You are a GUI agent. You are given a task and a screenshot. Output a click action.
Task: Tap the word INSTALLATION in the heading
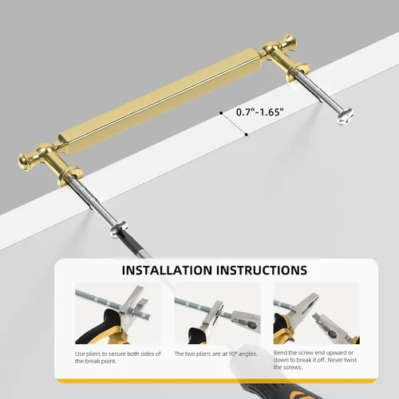pos(167,271)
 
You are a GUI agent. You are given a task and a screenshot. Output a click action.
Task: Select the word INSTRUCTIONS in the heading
pos(262,271)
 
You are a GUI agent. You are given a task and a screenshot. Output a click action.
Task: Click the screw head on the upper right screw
pos(346,117)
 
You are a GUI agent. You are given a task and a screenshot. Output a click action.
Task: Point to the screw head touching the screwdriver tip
pos(119,229)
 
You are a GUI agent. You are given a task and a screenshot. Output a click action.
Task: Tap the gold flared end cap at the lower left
pos(25,160)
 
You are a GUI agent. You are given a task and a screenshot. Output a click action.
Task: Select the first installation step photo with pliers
pos(118,313)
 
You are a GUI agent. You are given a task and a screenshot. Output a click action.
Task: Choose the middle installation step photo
pos(217,313)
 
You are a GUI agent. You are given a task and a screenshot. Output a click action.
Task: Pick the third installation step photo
pos(316,313)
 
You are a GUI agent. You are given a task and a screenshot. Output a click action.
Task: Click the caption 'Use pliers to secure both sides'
pos(118,358)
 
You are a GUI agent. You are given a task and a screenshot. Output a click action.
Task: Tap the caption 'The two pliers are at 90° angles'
pos(216,354)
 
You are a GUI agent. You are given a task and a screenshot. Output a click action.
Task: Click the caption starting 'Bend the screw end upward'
pos(315,360)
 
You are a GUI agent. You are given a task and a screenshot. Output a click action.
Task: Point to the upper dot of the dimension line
pos(221,113)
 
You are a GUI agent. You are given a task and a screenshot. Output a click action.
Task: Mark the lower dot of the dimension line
pos(247,135)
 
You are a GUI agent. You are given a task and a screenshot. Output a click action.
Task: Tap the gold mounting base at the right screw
pos(298,71)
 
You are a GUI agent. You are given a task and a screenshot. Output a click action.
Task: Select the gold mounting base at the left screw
pos(70,176)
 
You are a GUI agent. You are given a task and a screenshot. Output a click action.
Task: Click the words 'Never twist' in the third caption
pos(342,360)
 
